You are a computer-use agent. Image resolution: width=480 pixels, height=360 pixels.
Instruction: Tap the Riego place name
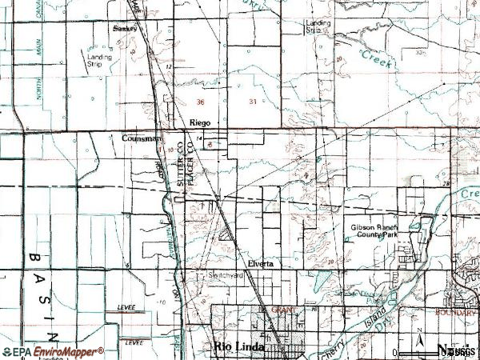tap(199, 122)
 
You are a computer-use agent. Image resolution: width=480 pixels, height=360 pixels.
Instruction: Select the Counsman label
tap(142, 138)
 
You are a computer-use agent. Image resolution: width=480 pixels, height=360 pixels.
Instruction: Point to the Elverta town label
tap(260, 263)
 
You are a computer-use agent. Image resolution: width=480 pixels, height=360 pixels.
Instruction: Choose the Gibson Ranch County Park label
tap(373, 232)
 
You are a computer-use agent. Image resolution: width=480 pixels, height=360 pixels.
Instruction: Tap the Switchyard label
tap(226, 275)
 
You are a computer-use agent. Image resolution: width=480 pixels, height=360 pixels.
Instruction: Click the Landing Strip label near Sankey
tap(100, 61)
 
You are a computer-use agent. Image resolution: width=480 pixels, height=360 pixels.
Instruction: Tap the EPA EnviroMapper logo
tap(53, 351)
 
